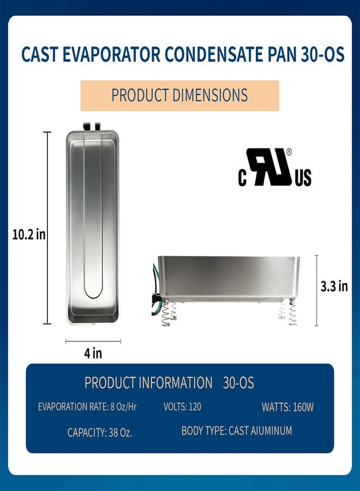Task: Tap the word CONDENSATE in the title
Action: tap(213, 54)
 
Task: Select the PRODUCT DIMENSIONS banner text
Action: tap(179, 95)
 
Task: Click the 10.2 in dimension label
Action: tap(29, 234)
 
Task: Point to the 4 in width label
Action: tap(93, 353)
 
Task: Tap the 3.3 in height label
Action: tap(334, 286)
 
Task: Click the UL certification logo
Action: tap(274, 167)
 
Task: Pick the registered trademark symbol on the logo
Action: tap(289, 152)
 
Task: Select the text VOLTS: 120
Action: tap(183, 407)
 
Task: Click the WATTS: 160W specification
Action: tap(287, 407)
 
